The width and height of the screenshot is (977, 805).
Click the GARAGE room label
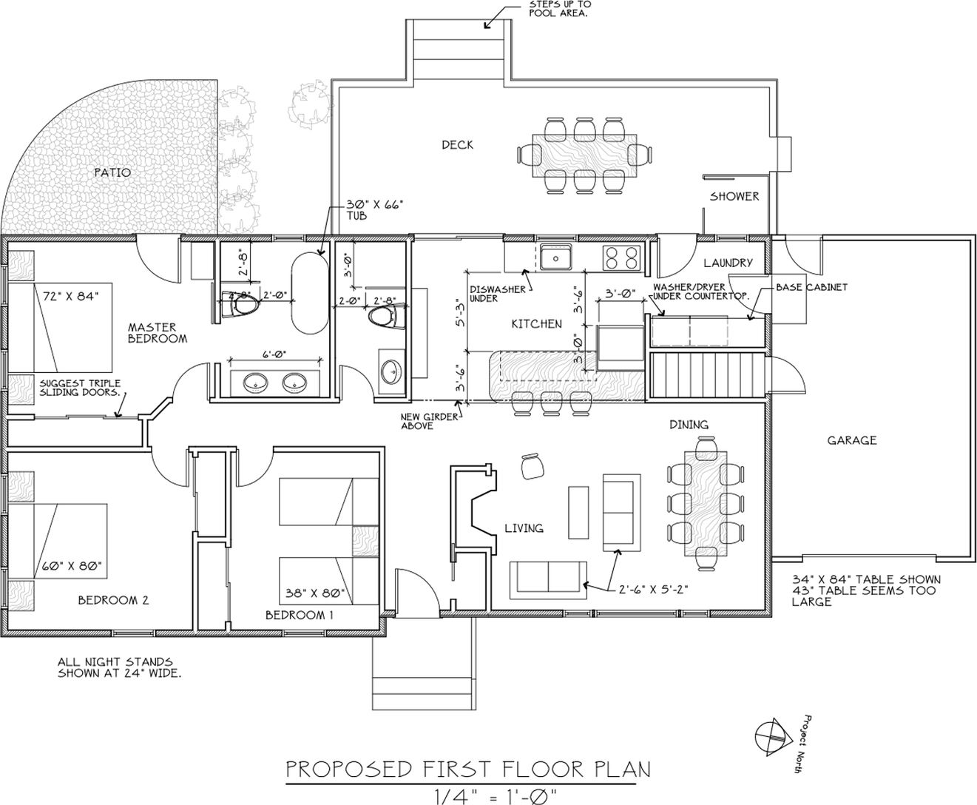851,440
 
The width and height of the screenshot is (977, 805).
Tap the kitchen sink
555,257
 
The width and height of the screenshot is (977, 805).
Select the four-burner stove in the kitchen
621,258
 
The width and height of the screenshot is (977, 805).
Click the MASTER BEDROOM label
158,333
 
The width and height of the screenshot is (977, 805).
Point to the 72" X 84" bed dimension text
71,296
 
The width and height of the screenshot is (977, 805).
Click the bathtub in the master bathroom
310,293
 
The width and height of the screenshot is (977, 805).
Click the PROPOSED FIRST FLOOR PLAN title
468,769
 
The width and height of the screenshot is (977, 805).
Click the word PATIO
112,172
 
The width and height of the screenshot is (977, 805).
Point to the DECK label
457,145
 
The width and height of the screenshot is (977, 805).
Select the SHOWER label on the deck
734,196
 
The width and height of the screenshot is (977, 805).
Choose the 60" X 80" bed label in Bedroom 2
72,566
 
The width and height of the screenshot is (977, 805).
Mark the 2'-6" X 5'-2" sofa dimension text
653,590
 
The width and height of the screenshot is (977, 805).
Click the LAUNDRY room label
728,263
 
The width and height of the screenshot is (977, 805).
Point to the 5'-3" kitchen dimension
461,312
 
